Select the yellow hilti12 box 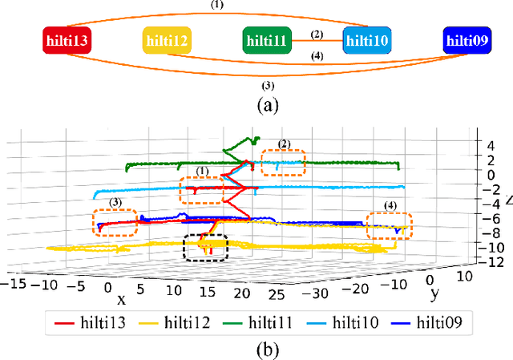click(x=168, y=39)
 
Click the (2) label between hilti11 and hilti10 click(x=317, y=34)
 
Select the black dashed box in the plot click(x=205, y=247)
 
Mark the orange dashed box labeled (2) click(x=283, y=163)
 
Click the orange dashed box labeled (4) click(x=389, y=225)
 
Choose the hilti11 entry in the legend click(x=270, y=324)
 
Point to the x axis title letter click(x=122, y=298)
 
